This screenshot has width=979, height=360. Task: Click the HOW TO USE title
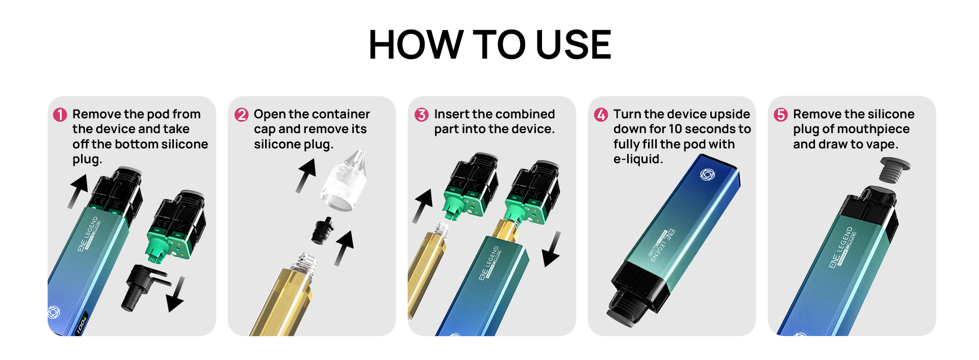coord(489,45)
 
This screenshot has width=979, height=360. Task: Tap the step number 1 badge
coord(60,115)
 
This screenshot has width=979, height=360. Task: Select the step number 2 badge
coord(242,115)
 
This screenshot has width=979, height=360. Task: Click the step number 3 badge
coord(422,115)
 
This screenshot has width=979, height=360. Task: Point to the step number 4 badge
coord(601,115)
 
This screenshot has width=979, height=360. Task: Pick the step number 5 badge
coord(781,115)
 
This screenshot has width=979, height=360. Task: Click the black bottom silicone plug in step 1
coord(143,286)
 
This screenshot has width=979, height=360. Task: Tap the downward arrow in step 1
coord(176,294)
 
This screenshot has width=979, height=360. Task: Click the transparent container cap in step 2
coord(344,181)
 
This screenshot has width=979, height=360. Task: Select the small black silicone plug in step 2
coord(322,230)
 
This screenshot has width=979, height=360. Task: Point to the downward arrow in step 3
coord(552,249)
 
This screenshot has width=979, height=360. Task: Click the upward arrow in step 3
coord(422,206)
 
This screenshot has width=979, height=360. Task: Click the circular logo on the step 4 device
coord(707,175)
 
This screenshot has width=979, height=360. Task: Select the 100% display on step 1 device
coord(82,323)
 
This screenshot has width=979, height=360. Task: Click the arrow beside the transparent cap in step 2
coord(306,175)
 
